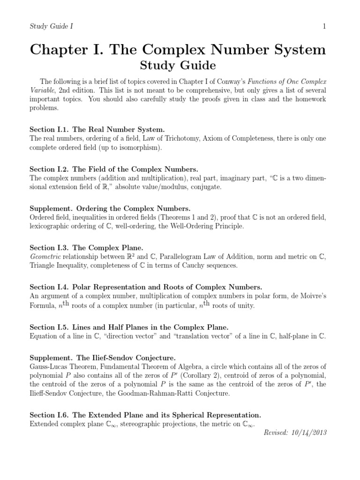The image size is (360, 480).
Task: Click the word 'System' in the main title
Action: coord(292,50)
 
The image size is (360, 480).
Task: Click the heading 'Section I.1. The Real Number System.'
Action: coord(97,129)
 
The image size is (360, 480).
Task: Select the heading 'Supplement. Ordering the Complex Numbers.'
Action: coord(110,208)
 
